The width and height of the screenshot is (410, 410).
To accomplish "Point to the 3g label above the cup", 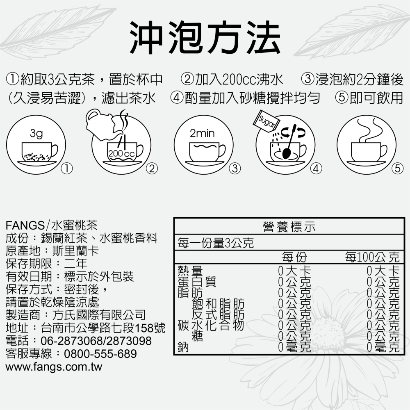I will point(36,134).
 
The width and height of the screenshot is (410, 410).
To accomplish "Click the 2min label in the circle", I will point(202,134).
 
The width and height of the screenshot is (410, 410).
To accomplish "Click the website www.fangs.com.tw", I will point(54,367).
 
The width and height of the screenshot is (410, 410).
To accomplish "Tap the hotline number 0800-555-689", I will point(100,353).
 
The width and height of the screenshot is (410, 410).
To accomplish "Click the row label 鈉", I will point(183,348).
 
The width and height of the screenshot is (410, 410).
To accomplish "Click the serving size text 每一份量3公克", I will point(214,244).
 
